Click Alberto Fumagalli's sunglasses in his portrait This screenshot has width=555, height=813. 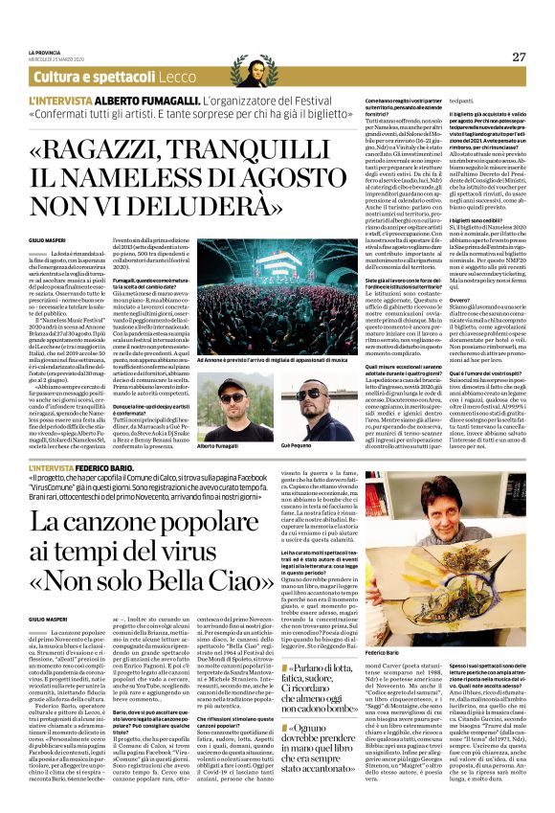point(232,395)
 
